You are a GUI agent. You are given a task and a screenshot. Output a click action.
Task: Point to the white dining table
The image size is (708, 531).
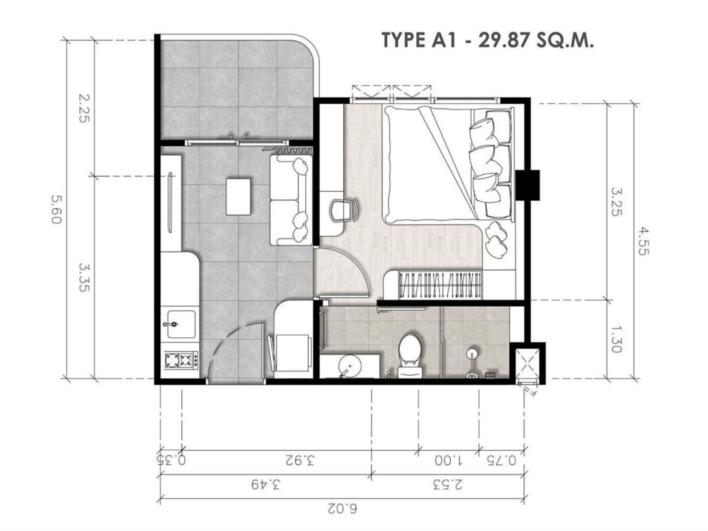239,197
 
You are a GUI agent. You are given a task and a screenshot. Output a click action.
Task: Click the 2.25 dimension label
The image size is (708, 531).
84,108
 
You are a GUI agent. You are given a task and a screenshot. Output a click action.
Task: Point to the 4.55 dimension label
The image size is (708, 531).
642,242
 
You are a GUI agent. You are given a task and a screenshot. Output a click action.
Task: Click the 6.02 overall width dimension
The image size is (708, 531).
342,509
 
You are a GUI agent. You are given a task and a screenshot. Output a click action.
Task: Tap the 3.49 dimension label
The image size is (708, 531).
266,485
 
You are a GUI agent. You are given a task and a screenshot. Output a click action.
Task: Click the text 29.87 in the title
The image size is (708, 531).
504,40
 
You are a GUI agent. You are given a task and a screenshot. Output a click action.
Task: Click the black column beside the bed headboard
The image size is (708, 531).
528,185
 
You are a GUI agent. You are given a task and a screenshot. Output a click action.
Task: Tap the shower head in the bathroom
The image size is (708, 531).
472,354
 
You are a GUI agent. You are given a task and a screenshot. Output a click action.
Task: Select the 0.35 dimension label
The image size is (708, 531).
171,460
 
